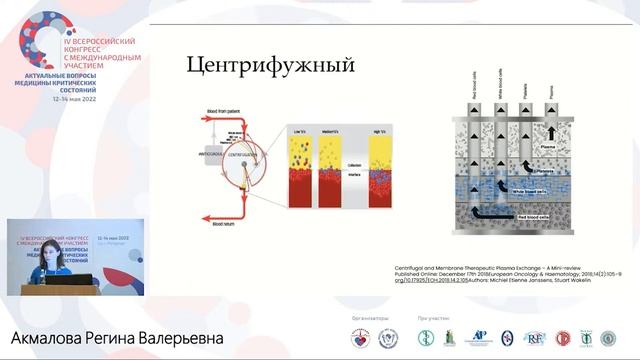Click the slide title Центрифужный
(271, 66)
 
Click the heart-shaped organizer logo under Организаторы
(359, 338)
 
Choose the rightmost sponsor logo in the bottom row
(608, 338)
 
